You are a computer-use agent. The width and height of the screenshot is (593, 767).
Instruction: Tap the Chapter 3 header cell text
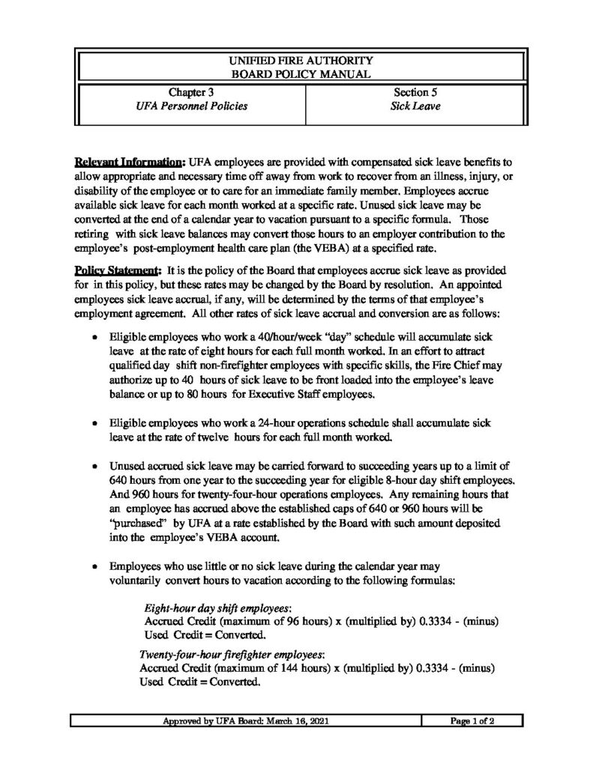189,93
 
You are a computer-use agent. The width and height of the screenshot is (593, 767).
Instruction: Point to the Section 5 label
416,93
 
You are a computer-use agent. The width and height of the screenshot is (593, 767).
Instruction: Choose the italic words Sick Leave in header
416,107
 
